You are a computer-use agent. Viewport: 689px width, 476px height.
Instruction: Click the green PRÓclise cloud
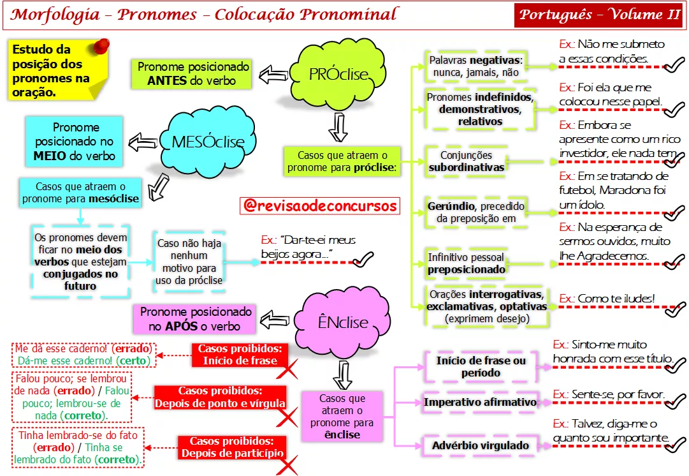(x=337, y=74)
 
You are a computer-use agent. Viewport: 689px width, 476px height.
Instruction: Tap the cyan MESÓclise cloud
(x=208, y=141)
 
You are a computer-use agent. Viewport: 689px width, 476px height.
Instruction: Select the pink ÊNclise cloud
(x=342, y=322)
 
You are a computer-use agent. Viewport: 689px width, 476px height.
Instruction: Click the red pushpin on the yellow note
(x=101, y=46)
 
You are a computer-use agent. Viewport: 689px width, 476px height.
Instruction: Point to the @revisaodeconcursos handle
(x=320, y=205)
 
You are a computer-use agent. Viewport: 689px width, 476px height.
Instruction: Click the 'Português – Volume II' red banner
(x=598, y=15)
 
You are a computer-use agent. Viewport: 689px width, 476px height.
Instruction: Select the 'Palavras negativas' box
(x=476, y=66)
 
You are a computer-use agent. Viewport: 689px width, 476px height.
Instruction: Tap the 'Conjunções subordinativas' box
(x=466, y=161)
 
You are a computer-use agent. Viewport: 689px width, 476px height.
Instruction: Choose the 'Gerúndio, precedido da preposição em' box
(x=476, y=212)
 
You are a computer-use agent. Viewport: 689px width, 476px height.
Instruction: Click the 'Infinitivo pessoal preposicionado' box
(x=466, y=263)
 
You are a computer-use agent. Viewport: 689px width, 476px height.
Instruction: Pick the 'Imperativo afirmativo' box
(x=481, y=402)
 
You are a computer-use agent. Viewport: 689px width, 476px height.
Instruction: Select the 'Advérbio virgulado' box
(x=481, y=445)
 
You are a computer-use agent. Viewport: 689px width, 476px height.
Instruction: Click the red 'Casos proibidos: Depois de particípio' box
(x=232, y=447)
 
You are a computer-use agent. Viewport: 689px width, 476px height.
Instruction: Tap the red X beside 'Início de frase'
(x=287, y=369)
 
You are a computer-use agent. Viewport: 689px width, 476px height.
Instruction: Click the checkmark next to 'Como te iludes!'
(x=674, y=309)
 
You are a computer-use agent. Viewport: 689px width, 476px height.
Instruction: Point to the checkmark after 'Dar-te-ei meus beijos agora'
(x=363, y=260)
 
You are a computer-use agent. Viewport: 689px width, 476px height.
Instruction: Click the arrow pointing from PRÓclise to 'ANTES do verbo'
(x=273, y=75)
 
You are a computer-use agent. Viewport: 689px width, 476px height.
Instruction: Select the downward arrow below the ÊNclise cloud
(x=343, y=375)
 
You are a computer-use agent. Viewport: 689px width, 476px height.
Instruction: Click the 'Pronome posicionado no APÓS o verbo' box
(x=194, y=319)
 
